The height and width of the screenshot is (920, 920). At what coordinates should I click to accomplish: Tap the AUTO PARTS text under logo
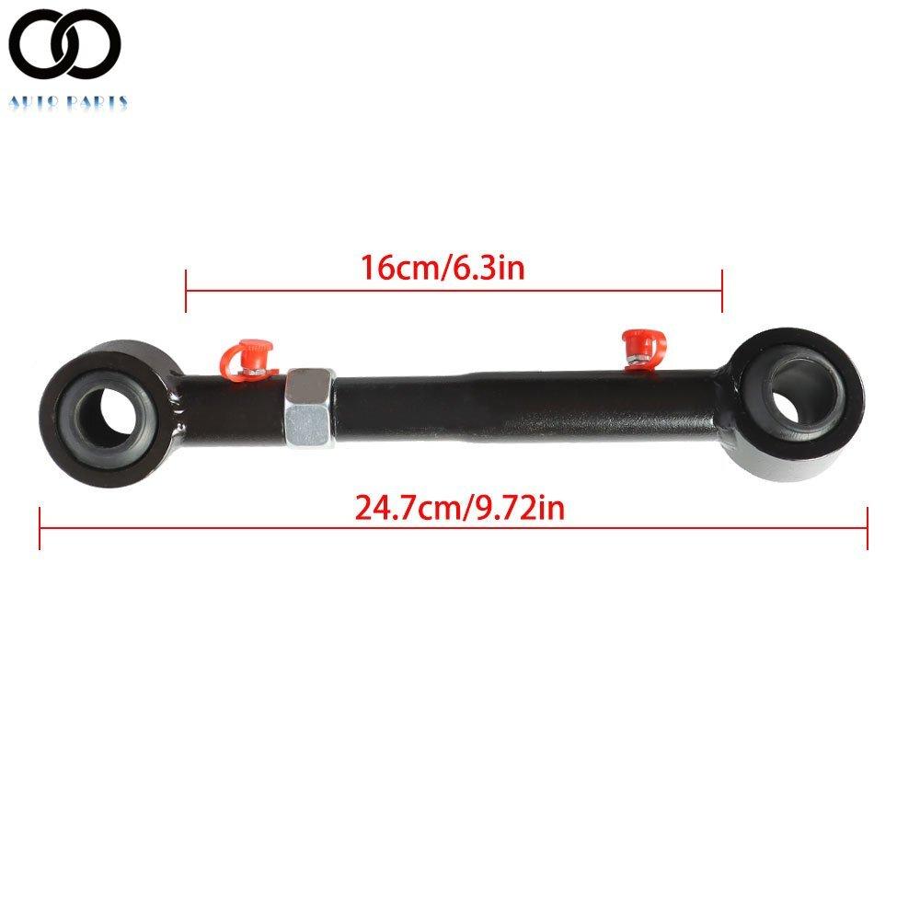click(69, 103)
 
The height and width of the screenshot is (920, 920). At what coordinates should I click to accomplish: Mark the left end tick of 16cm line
click(187, 291)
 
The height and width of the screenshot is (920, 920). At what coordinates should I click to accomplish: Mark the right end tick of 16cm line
click(722, 291)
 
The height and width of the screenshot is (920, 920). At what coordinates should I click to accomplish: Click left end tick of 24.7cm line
click(40, 528)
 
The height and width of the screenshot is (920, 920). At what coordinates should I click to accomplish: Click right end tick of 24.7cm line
click(867, 528)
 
